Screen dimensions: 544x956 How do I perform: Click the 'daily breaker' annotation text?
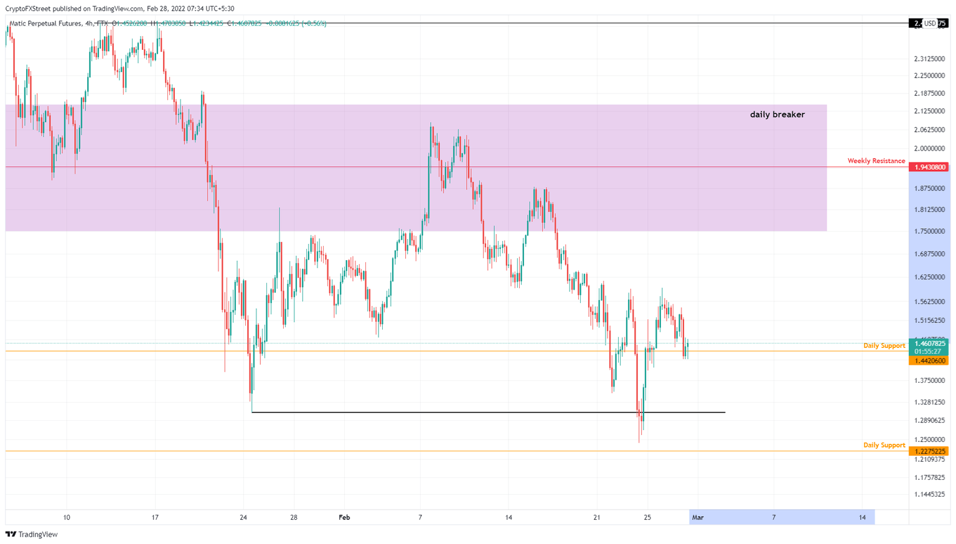777,115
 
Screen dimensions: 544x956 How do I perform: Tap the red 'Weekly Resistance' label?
876,161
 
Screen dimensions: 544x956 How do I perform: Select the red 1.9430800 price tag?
929,167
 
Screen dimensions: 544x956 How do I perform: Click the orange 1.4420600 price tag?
929,361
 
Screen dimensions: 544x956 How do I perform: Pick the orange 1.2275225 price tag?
929,451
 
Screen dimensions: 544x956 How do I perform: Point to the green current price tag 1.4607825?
929,344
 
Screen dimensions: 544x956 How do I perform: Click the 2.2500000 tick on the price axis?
929,76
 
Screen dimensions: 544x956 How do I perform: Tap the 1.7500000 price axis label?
929,232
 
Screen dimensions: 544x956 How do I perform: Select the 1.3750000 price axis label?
929,380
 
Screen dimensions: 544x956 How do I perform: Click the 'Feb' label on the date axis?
344,517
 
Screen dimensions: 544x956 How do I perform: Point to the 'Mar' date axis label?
698,517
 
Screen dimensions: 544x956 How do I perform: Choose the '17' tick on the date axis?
155,517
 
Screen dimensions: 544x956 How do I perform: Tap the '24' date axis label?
243,517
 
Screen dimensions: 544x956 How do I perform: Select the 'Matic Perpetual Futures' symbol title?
45,24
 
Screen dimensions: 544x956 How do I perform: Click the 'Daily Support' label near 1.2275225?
884,445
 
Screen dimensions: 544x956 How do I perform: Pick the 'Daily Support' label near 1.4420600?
884,345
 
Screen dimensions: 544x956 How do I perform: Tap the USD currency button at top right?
929,24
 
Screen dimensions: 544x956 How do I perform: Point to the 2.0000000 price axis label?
929,149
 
